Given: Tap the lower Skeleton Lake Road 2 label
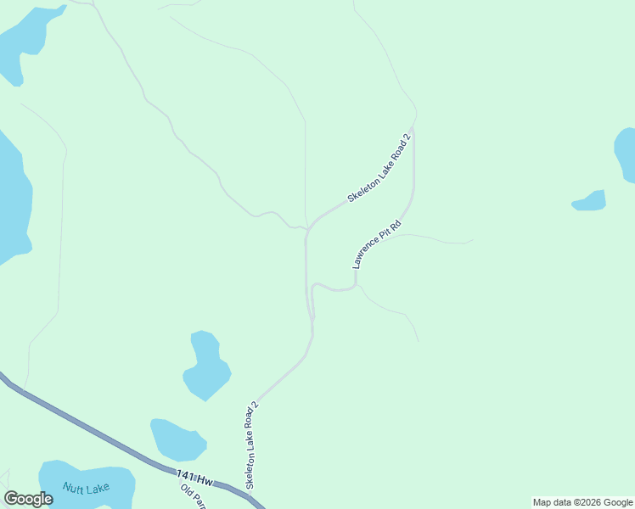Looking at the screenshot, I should [x=251, y=445].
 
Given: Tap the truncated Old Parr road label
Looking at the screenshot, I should [x=196, y=497].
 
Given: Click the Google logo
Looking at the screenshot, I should [x=28, y=499].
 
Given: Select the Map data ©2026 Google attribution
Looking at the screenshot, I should [x=582, y=502].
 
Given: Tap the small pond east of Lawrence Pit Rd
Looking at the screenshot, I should [x=590, y=202].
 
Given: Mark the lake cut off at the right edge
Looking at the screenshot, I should [x=627, y=154].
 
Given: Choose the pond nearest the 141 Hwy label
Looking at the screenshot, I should [x=177, y=439].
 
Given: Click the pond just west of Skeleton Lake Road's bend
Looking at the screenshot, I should [x=206, y=365].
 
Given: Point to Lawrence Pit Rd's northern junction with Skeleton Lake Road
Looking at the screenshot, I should [x=413, y=131].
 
